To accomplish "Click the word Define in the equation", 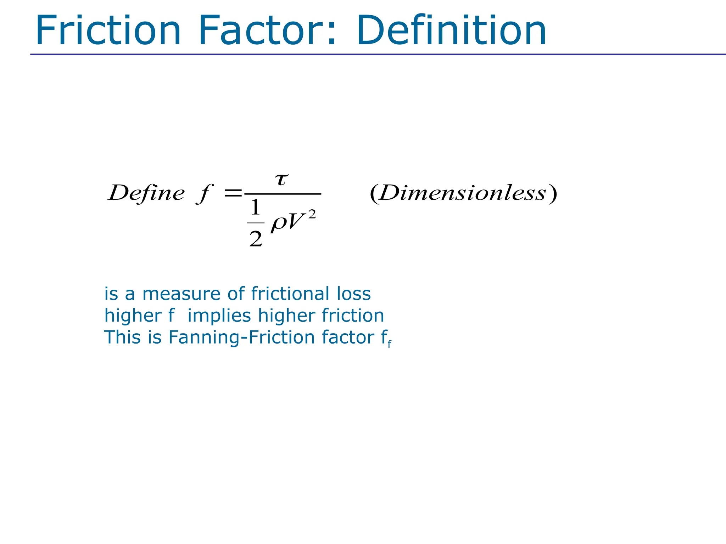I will [146, 193].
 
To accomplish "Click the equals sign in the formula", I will [233, 193].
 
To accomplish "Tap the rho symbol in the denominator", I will [279, 223].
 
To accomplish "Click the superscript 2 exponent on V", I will [312, 214].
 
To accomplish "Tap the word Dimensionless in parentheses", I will [463, 193].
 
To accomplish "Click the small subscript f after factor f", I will [389, 344].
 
